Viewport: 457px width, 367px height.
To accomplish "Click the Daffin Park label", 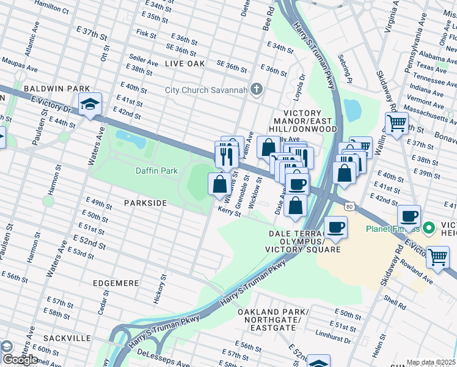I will tap(156, 171).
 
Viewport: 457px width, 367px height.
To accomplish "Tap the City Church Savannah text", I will tap(207, 91).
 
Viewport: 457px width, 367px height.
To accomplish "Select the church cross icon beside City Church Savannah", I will tap(257, 90).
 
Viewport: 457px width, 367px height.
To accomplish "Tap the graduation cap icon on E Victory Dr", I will tap(90, 105).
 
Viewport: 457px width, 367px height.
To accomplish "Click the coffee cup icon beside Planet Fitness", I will tap(409, 216).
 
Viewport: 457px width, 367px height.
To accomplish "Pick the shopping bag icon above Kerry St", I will tap(219, 183).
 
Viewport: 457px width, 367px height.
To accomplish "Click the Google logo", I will tap(20, 360).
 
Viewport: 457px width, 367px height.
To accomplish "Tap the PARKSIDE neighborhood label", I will tap(145, 202).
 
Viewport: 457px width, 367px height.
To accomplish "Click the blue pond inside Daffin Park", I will tap(131, 139).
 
